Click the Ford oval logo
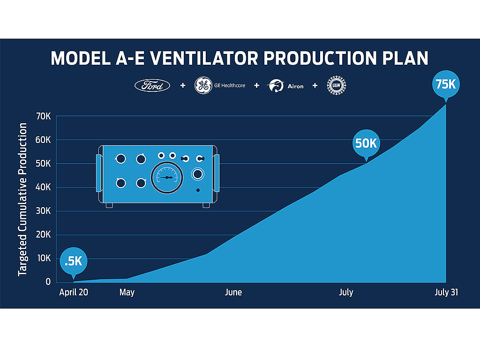(x=152, y=86)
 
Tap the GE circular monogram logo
(x=203, y=85)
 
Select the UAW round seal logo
(x=336, y=85)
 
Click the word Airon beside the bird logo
(x=295, y=86)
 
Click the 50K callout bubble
(x=366, y=144)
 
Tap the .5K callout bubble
(x=74, y=262)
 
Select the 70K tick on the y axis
(x=43, y=116)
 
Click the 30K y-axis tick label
(x=43, y=211)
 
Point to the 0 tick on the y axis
(x=48, y=282)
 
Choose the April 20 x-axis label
(x=74, y=292)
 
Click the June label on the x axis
(x=233, y=292)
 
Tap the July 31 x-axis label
(x=446, y=292)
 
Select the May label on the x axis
(x=127, y=292)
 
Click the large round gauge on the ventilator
(x=167, y=178)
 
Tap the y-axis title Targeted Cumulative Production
(x=22, y=199)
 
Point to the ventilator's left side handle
(x=99, y=173)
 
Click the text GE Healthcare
(x=230, y=85)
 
